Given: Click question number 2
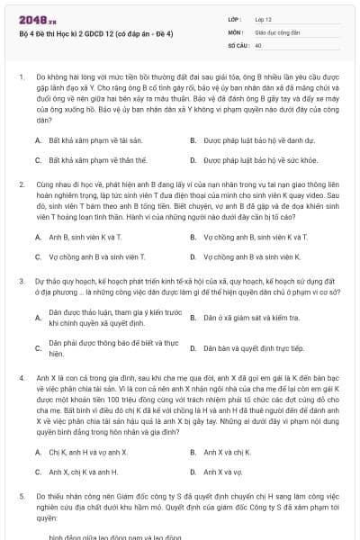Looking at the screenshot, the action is tap(21, 183).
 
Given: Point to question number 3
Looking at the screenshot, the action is tap(21, 281).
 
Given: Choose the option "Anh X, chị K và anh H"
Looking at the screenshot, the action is tap(83, 471).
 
